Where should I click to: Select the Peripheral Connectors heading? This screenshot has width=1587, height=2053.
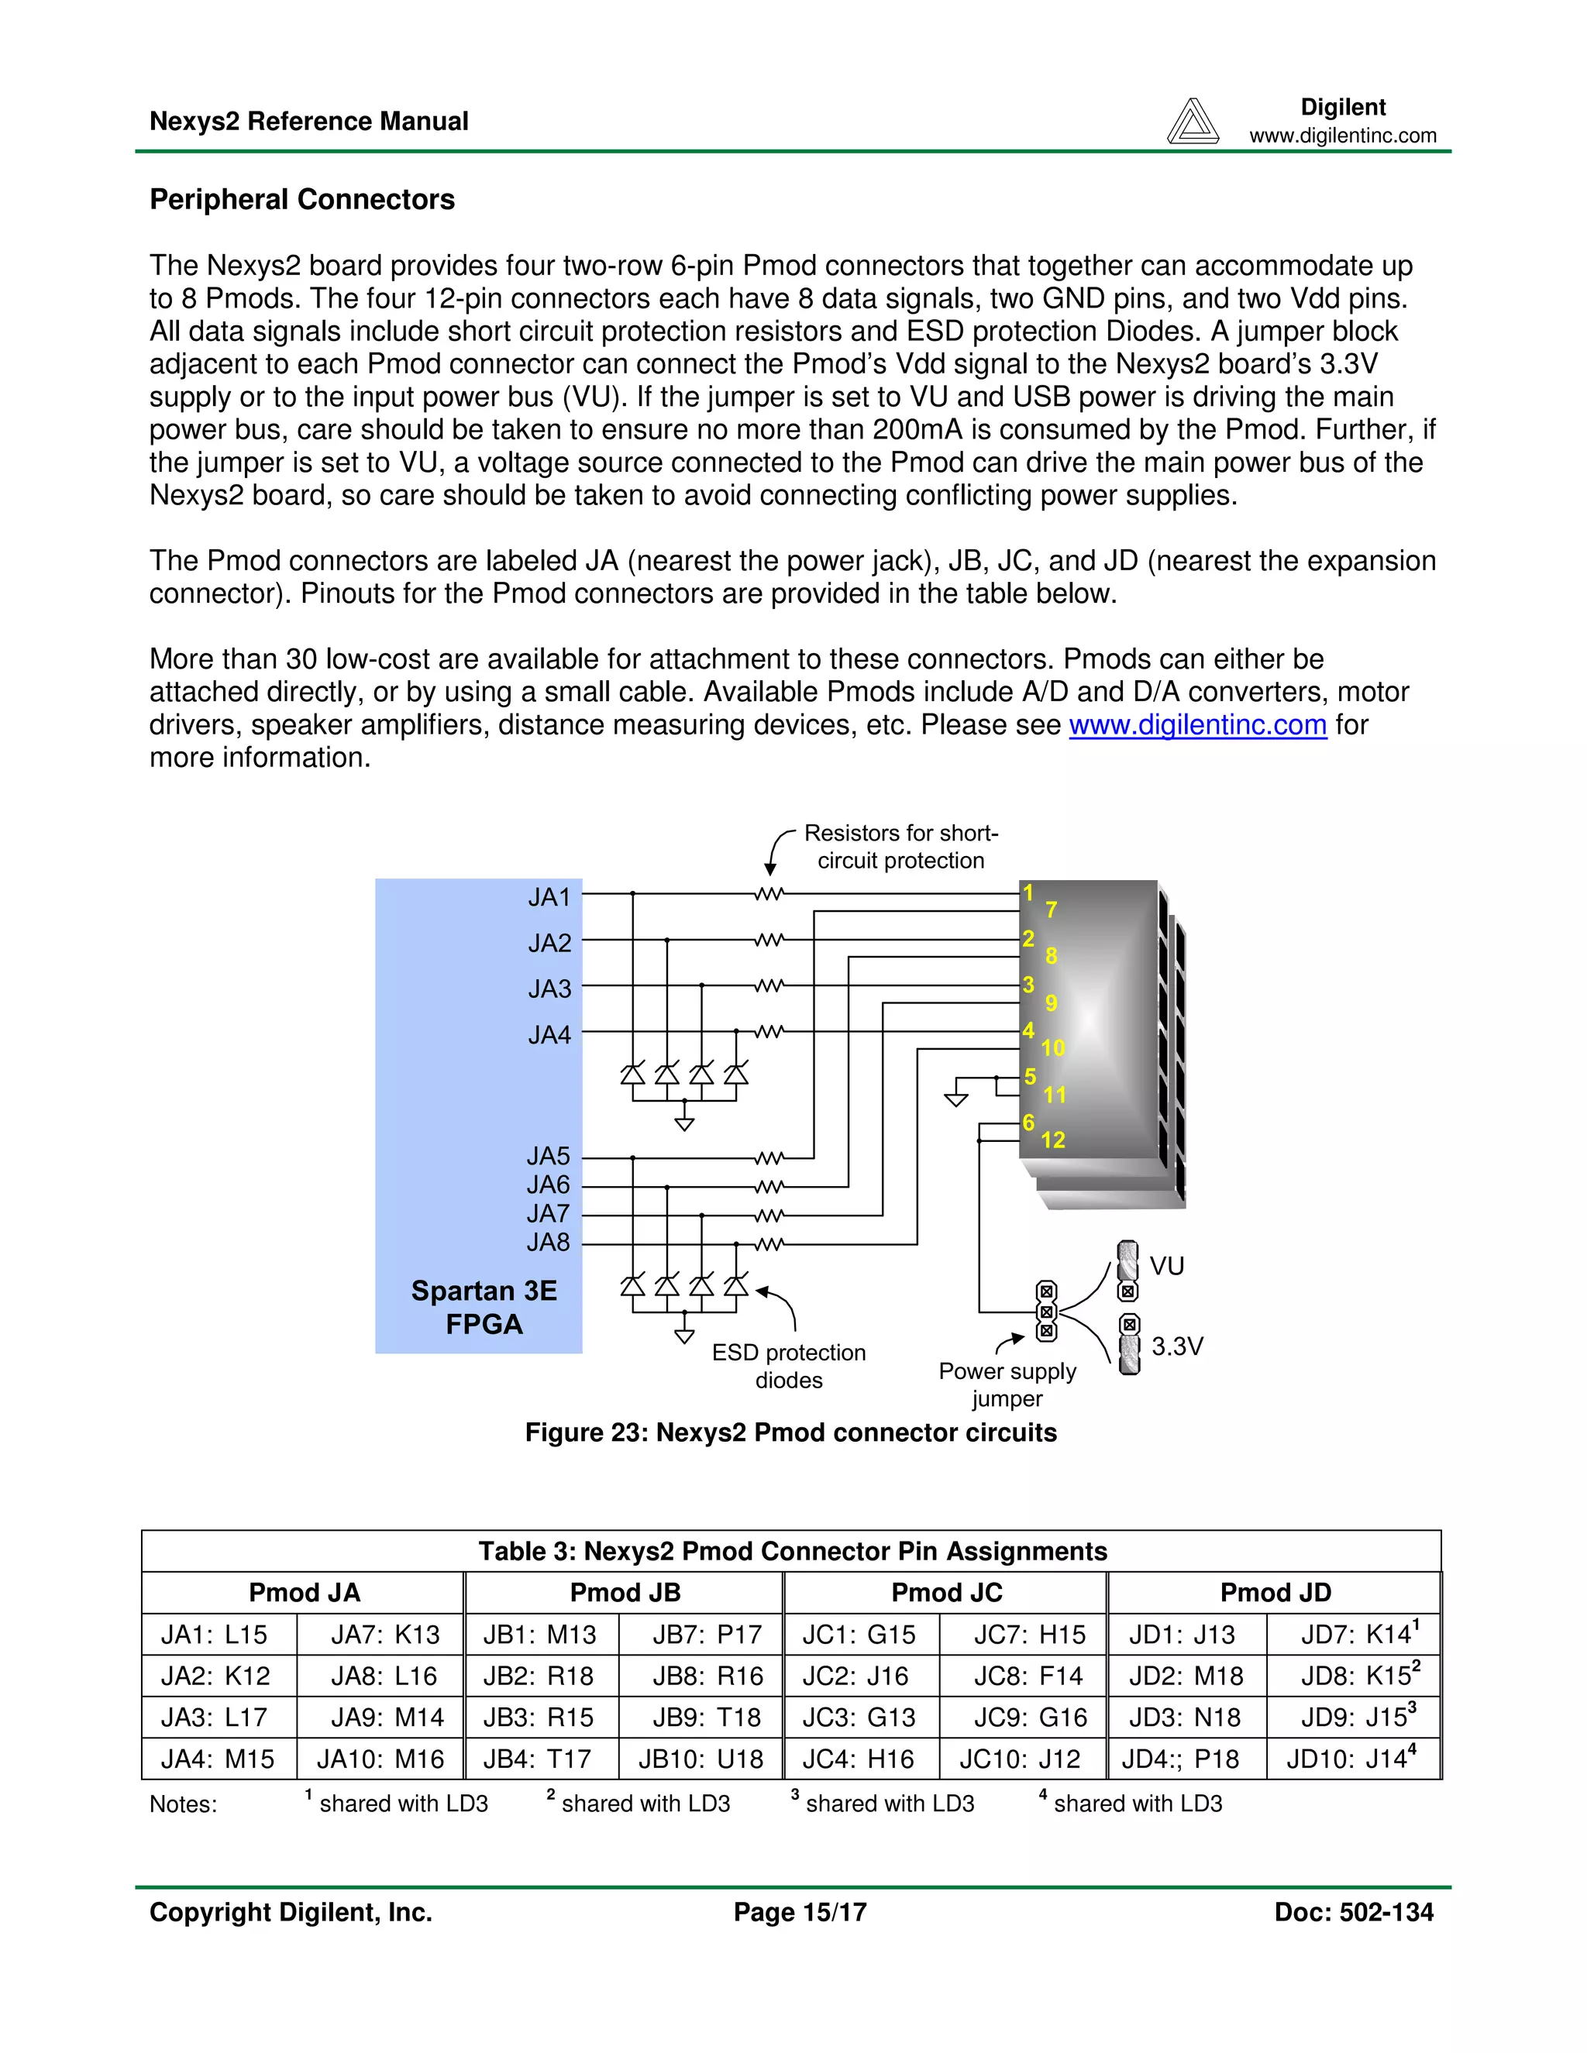tap(301, 199)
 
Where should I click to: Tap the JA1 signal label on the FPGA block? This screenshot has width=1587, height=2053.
tap(549, 897)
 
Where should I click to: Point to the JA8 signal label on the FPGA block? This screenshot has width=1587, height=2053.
tap(548, 1243)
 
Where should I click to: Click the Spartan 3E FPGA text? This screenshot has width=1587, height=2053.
tap(484, 1308)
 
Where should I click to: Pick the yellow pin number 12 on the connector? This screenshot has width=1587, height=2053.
tap(1052, 1140)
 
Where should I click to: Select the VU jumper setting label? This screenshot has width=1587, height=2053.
tap(1167, 1266)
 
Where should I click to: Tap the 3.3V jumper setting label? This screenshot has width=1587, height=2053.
tap(1177, 1346)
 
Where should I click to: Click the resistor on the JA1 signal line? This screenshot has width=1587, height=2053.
tap(768, 894)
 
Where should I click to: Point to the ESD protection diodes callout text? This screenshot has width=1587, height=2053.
tap(788, 1366)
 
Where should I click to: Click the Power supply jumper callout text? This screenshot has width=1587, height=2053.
tap(1007, 1384)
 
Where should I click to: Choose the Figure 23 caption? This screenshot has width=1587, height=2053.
tap(790, 1432)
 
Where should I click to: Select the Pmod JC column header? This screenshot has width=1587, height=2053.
tap(946, 1592)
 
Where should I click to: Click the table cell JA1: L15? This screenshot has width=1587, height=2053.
tap(215, 1635)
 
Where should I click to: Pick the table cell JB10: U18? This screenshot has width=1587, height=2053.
tap(701, 1759)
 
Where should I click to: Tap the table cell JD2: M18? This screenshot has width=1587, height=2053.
tap(1186, 1676)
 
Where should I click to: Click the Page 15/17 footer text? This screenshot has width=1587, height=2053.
tap(800, 1912)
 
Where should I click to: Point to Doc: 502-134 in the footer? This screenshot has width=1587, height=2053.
tap(1353, 1912)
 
